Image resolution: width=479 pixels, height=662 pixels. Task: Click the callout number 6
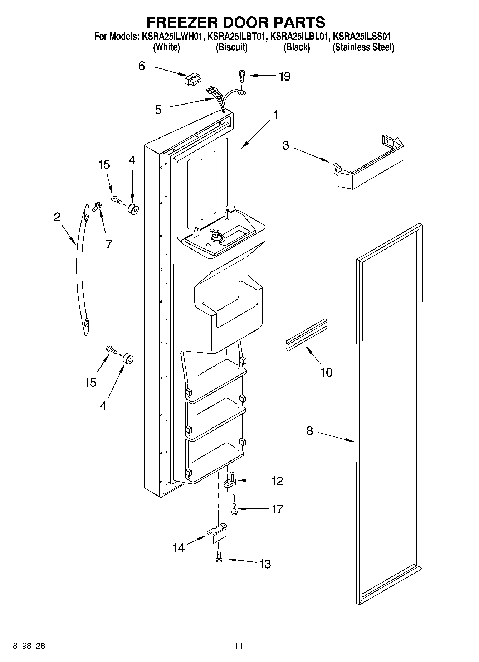click(x=142, y=66)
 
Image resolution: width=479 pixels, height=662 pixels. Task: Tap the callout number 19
click(x=285, y=76)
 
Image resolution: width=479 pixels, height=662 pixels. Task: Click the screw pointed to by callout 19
click(x=241, y=76)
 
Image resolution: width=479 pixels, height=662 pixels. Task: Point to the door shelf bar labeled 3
click(x=368, y=165)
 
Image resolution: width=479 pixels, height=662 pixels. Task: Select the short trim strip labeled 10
click(x=307, y=334)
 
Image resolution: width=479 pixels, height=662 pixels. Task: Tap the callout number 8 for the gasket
click(x=309, y=431)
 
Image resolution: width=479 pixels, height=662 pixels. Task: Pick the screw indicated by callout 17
click(x=234, y=509)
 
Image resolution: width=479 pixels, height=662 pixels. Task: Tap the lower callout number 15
click(x=91, y=382)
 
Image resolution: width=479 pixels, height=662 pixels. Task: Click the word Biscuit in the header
click(x=231, y=47)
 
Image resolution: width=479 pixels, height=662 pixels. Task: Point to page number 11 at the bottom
click(x=239, y=646)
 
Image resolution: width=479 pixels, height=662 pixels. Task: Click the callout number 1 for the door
click(x=275, y=115)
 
